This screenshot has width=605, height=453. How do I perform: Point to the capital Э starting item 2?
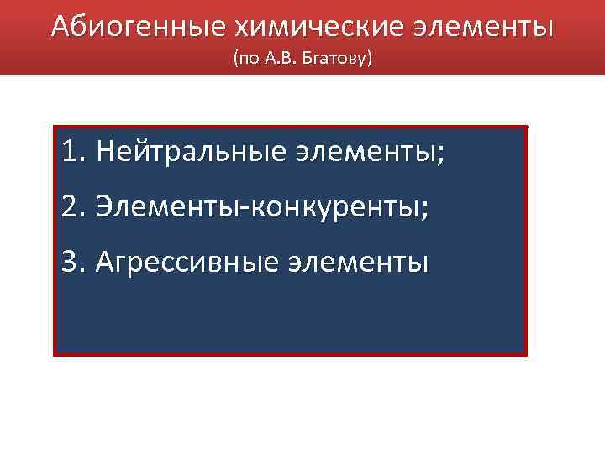click(104, 207)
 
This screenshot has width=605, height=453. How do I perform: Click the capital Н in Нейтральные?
click(105, 153)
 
